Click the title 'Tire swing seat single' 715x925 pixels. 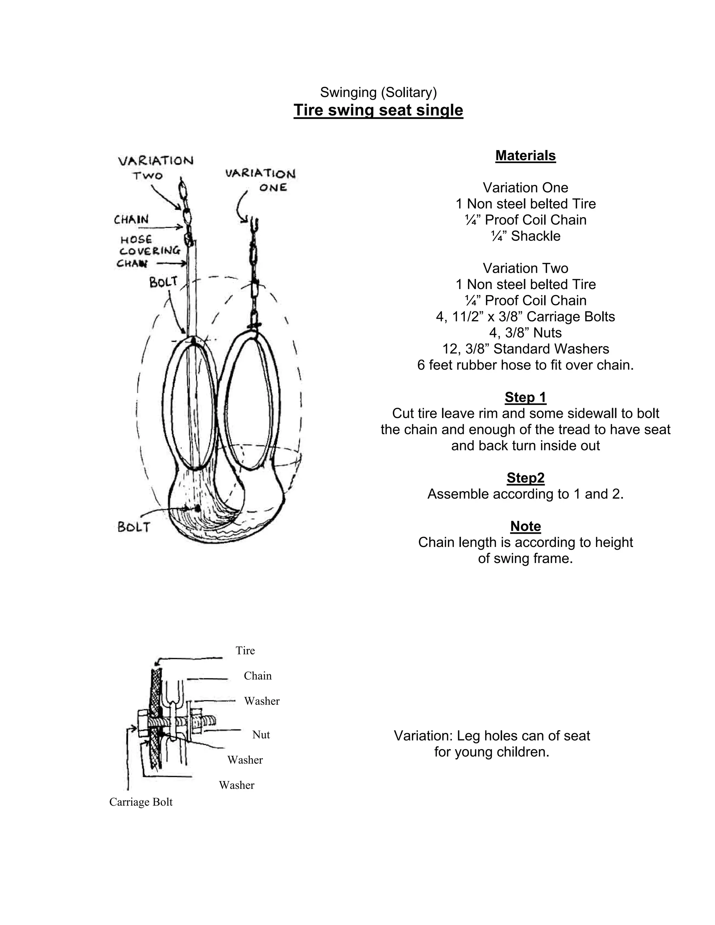(378, 110)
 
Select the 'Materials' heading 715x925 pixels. (525, 155)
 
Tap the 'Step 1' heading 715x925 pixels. (525, 397)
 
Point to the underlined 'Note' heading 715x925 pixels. (525, 526)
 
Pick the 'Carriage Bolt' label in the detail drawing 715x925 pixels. (141, 802)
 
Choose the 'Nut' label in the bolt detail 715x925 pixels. (261, 734)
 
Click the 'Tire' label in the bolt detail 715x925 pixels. (245, 650)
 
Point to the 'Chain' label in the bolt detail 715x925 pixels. (258, 675)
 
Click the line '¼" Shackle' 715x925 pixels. (525, 236)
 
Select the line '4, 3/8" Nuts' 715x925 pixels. (525, 332)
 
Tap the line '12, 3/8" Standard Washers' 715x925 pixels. (525, 349)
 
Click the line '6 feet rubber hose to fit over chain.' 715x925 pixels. (525, 365)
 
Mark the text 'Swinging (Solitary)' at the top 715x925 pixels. (378, 92)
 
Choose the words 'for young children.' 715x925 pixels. (491, 752)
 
